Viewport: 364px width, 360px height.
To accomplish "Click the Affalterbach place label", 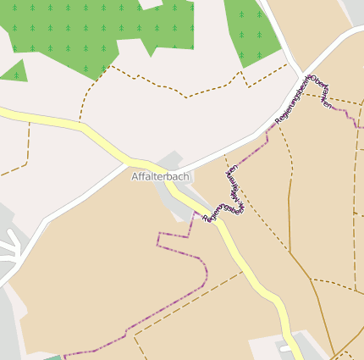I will [160, 176].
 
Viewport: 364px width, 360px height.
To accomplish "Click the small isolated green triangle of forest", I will [15, 71].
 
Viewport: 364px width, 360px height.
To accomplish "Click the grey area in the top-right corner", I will [355, 10].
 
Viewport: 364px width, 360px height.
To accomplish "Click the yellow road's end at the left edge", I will [3, 111].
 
